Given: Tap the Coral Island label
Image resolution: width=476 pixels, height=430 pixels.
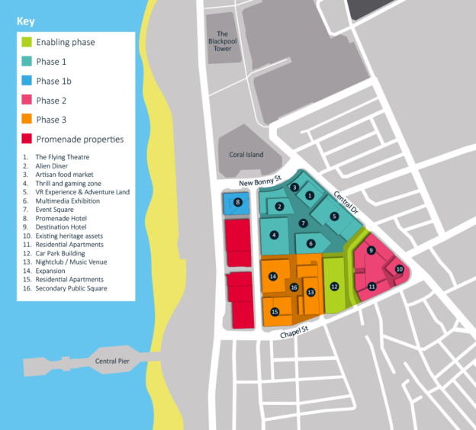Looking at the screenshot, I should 246,155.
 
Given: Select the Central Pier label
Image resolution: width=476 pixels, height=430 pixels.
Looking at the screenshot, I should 111,361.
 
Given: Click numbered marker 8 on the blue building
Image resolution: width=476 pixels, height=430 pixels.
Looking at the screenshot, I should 238,203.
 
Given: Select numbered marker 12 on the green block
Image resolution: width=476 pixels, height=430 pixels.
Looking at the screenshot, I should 334,286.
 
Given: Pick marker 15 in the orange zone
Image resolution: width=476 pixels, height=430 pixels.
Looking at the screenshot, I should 275,312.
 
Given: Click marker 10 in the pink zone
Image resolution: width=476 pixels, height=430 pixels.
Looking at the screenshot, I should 399,269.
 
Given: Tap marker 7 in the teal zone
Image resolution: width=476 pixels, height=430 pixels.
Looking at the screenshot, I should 303,223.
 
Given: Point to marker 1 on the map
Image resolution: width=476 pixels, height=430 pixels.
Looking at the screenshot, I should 310,195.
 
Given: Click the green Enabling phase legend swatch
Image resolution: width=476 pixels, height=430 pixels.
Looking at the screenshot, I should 27,43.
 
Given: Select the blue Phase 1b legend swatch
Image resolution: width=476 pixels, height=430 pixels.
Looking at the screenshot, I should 27,81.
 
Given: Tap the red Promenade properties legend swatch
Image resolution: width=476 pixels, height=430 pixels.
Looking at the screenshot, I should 27,139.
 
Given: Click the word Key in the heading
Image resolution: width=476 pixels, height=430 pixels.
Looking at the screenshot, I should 25,21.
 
